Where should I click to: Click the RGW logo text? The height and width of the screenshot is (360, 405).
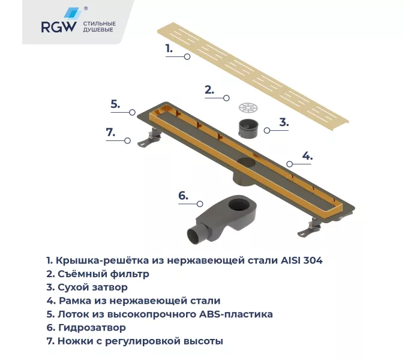(x=58, y=26)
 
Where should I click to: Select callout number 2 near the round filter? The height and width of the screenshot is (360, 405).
(x=209, y=90)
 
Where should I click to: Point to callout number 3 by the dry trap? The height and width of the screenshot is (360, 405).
(x=284, y=122)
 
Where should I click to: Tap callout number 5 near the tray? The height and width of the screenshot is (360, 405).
(x=116, y=104)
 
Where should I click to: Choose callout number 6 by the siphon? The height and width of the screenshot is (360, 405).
(x=183, y=195)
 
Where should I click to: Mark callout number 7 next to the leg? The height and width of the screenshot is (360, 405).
(x=110, y=133)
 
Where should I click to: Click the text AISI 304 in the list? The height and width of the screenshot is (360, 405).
(x=304, y=261)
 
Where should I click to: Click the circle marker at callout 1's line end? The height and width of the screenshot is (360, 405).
(x=187, y=56)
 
